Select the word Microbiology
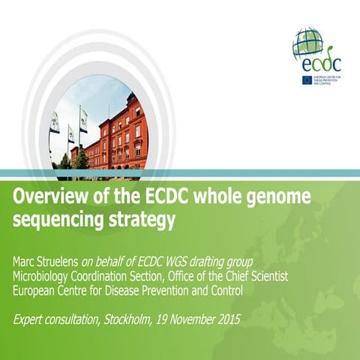(44, 276)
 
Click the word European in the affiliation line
(37, 290)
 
